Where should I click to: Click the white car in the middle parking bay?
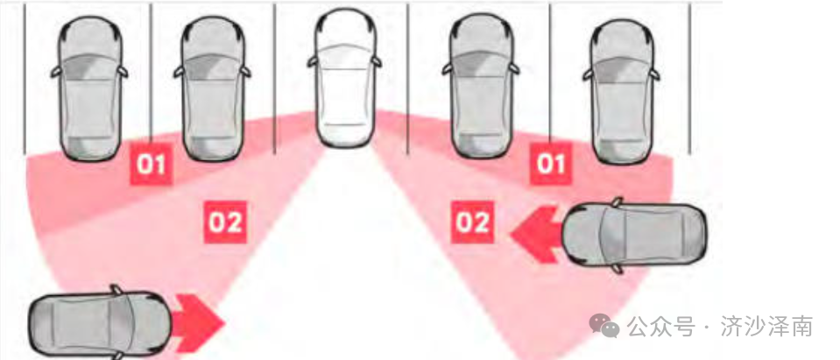[x=344, y=78]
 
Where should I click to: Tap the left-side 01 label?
[x=151, y=164]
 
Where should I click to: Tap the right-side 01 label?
[x=551, y=164]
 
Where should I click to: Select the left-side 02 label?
[x=225, y=222]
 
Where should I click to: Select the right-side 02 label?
[x=472, y=222]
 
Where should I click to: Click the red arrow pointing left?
[x=536, y=234]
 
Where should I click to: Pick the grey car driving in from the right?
[x=635, y=235]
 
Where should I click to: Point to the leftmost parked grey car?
[x=89, y=88]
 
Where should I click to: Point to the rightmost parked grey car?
[x=621, y=91]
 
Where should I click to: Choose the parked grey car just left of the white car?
[x=213, y=89]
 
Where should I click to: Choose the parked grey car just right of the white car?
[x=481, y=87]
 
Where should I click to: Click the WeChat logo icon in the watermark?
[x=605, y=326]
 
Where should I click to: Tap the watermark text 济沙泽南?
[x=767, y=326]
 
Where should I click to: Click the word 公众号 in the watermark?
[x=661, y=326]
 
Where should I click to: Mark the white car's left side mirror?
[x=313, y=62]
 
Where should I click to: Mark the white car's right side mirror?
[x=377, y=62]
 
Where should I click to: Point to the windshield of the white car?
[x=344, y=54]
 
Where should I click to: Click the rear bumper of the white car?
[x=344, y=138]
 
